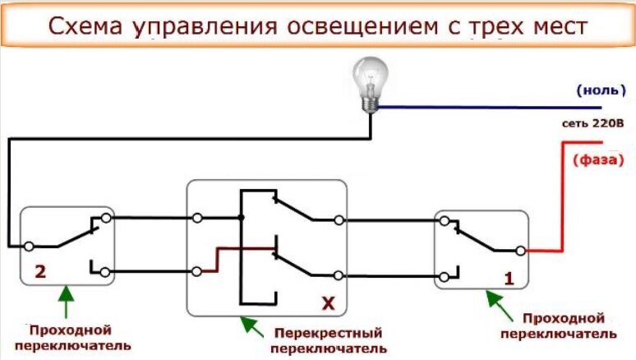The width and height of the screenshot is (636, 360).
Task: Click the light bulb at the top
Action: pyautogui.click(x=370, y=85)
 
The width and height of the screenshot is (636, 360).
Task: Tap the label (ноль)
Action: pyautogui.click(x=601, y=90)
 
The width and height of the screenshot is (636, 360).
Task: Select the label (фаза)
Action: pyautogui.click(x=598, y=159)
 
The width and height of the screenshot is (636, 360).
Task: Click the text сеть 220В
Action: pyautogui.click(x=592, y=123)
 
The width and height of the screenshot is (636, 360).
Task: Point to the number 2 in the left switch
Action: pyautogui.click(x=40, y=271)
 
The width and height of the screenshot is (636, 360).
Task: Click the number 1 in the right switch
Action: pyautogui.click(x=509, y=279)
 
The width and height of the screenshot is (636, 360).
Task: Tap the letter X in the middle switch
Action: pyautogui.click(x=329, y=302)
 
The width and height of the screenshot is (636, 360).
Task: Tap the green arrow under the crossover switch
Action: pyautogui.click(x=252, y=327)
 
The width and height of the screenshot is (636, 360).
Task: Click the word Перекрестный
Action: pyautogui.click(x=328, y=333)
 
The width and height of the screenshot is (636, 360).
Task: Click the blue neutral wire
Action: pyautogui.click(x=490, y=108)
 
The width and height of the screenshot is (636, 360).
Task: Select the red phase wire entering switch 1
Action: pyautogui.click(x=563, y=197)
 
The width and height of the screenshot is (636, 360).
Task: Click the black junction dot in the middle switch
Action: pyautogui.click(x=241, y=218)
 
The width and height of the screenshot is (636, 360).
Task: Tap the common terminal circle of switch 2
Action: pyautogui.click(x=29, y=247)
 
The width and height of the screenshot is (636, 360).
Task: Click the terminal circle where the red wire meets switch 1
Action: pyautogui.click(x=520, y=251)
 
